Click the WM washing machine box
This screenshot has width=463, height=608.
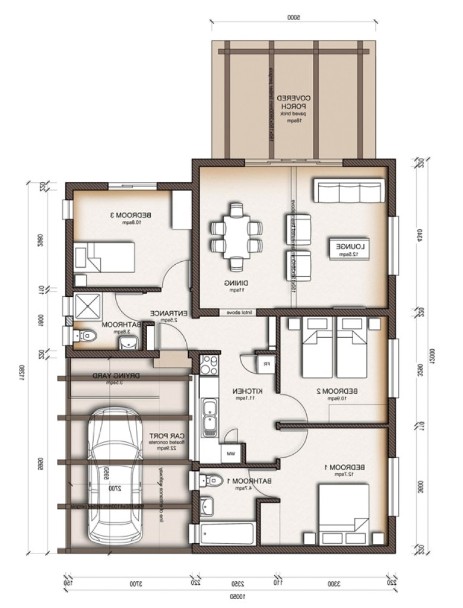coord(230,454)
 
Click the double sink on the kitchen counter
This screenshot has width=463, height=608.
coord(210,417)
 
